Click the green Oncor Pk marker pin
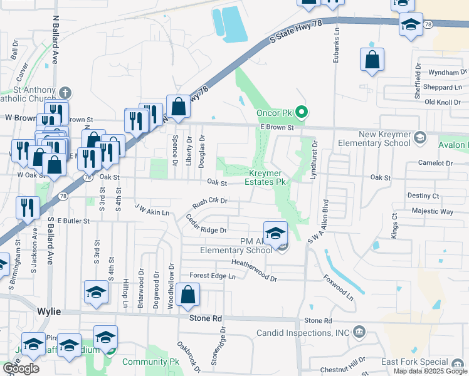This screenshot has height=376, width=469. [x=302, y=113]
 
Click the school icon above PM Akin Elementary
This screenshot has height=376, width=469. [x=275, y=233]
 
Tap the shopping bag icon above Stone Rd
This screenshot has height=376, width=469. [x=187, y=295]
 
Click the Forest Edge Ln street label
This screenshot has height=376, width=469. [x=212, y=276]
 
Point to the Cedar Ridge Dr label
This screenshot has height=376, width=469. [x=206, y=224]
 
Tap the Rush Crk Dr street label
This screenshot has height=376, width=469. [x=209, y=203]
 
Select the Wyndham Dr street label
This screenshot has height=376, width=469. [x=442, y=73]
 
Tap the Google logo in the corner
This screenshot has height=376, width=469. [x=21, y=368]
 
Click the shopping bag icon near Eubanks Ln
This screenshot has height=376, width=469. [x=372, y=60]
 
